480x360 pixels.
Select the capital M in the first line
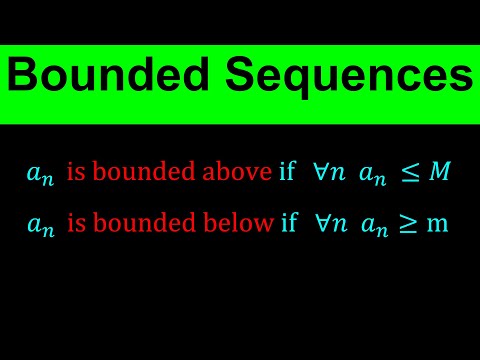pyautogui.click(x=440, y=173)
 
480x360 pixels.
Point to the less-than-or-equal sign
pyautogui.click(x=410, y=174)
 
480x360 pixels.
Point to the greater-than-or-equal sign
pyautogui.click(x=409, y=225)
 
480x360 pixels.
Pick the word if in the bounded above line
pyautogui.click(x=288, y=173)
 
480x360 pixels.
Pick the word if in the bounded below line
pyautogui.click(x=289, y=224)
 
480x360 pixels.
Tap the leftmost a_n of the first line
pyautogui.click(x=41, y=175)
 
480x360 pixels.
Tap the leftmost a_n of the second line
pyautogui.click(x=41, y=226)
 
